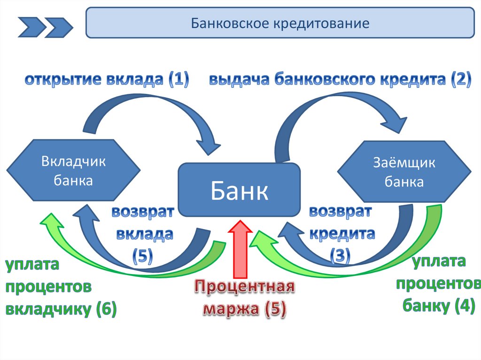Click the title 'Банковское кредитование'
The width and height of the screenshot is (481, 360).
280,23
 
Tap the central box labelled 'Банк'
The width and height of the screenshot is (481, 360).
239,190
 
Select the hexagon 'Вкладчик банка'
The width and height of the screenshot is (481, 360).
73,171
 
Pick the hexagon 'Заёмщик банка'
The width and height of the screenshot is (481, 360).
404,172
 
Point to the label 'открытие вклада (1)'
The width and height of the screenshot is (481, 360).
107,80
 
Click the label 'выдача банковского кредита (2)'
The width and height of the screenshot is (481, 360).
340,80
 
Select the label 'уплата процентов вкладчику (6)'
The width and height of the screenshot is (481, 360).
60,286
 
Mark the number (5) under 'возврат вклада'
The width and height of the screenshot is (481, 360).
142,255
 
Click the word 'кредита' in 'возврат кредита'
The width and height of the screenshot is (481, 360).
341,233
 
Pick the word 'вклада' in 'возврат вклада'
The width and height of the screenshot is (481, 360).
143,233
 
